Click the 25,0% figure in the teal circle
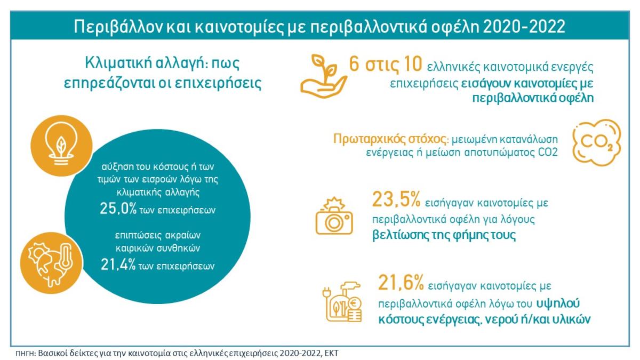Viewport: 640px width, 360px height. pyautogui.click(x=118, y=209)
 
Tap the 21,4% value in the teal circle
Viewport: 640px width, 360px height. pyautogui.click(x=118, y=265)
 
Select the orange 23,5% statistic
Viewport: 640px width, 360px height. pyautogui.click(x=396, y=199)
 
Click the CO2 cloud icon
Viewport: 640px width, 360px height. pyautogui.click(x=597, y=143)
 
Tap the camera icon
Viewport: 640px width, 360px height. pyautogui.click(x=334, y=216)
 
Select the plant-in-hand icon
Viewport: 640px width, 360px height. pyautogui.click(x=323, y=76)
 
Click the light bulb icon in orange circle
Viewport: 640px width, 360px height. pyautogui.click(x=61, y=146)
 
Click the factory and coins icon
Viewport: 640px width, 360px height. pyautogui.click(x=342, y=302)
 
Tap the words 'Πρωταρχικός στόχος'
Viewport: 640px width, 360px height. pyautogui.click(x=389, y=139)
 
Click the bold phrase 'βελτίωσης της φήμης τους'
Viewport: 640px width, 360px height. pyautogui.click(x=444, y=235)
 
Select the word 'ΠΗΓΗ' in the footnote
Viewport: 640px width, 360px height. pyautogui.click(x=25, y=354)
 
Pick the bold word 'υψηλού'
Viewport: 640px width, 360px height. pyautogui.click(x=558, y=303)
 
